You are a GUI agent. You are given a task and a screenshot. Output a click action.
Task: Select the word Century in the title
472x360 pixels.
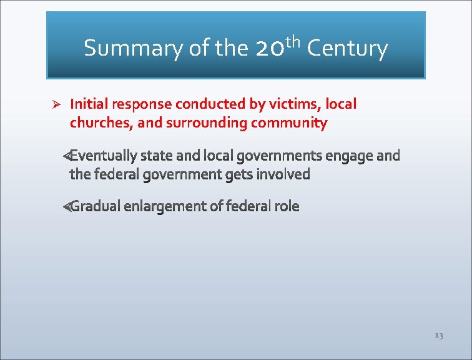(347, 48)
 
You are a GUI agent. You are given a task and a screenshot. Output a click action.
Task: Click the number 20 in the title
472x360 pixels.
(269, 49)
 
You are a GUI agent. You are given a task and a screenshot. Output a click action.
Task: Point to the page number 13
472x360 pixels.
(438, 336)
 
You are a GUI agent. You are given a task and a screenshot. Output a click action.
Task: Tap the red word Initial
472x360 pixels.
(87, 104)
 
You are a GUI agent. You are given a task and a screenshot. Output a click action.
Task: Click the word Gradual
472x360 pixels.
(95, 206)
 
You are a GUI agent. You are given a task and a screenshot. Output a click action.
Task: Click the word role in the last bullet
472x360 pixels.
(287, 206)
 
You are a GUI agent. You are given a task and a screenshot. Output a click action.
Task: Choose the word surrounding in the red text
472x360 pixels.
(206, 123)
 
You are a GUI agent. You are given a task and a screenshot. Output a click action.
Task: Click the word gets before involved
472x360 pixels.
(239, 174)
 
